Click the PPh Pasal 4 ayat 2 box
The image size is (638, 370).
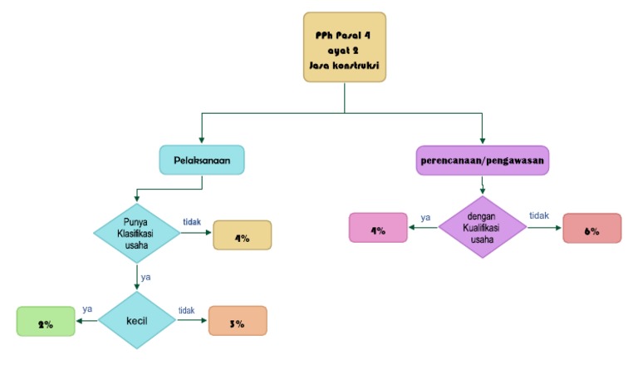[344, 47]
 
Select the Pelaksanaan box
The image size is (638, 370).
[202, 160]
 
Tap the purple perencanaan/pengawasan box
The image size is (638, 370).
[482, 160]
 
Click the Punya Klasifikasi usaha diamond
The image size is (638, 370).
[135, 234]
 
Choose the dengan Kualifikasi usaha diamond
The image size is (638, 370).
[482, 227]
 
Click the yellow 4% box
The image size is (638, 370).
[243, 236]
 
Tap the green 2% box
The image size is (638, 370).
[46, 322]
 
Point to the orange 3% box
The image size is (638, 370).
[238, 320]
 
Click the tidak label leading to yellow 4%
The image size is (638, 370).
[191, 222]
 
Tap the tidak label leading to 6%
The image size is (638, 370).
[538, 216]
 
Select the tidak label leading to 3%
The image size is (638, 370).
[186, 311]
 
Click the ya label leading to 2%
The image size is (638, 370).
[87, 309]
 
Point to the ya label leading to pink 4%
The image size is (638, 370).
[425, 218]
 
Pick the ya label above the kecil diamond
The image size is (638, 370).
[146, 277]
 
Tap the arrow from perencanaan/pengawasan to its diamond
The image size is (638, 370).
[482, 185]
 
